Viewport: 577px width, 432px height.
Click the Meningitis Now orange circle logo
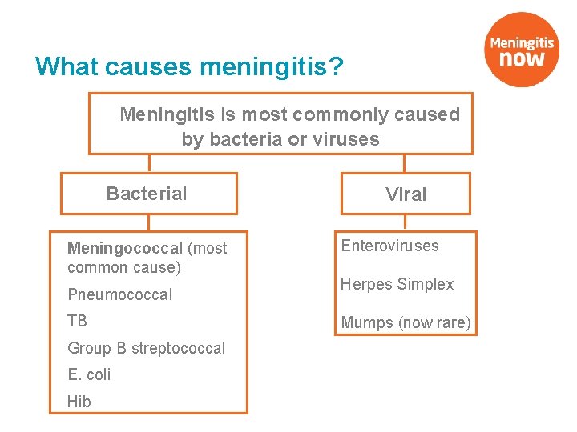[523, 50]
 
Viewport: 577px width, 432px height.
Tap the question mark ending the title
[337, 66]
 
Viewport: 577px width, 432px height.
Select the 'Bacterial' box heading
[147, 194]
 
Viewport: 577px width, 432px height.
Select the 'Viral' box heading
[406, 194]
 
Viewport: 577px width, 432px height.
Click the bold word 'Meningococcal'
[125, 249]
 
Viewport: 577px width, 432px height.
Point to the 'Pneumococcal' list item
[119, 294]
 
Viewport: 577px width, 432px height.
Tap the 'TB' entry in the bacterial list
[77, 322]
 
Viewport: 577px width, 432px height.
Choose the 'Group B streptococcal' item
[146, 348]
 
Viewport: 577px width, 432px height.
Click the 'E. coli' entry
[89, 374]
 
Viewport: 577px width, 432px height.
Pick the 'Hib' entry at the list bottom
[79, 402]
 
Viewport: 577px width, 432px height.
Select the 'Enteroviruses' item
[389, 246]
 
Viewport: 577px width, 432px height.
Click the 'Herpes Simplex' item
[397, 284]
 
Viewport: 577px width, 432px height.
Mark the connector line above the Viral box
[405, 163]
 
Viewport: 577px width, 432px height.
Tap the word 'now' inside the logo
[522, 58]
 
